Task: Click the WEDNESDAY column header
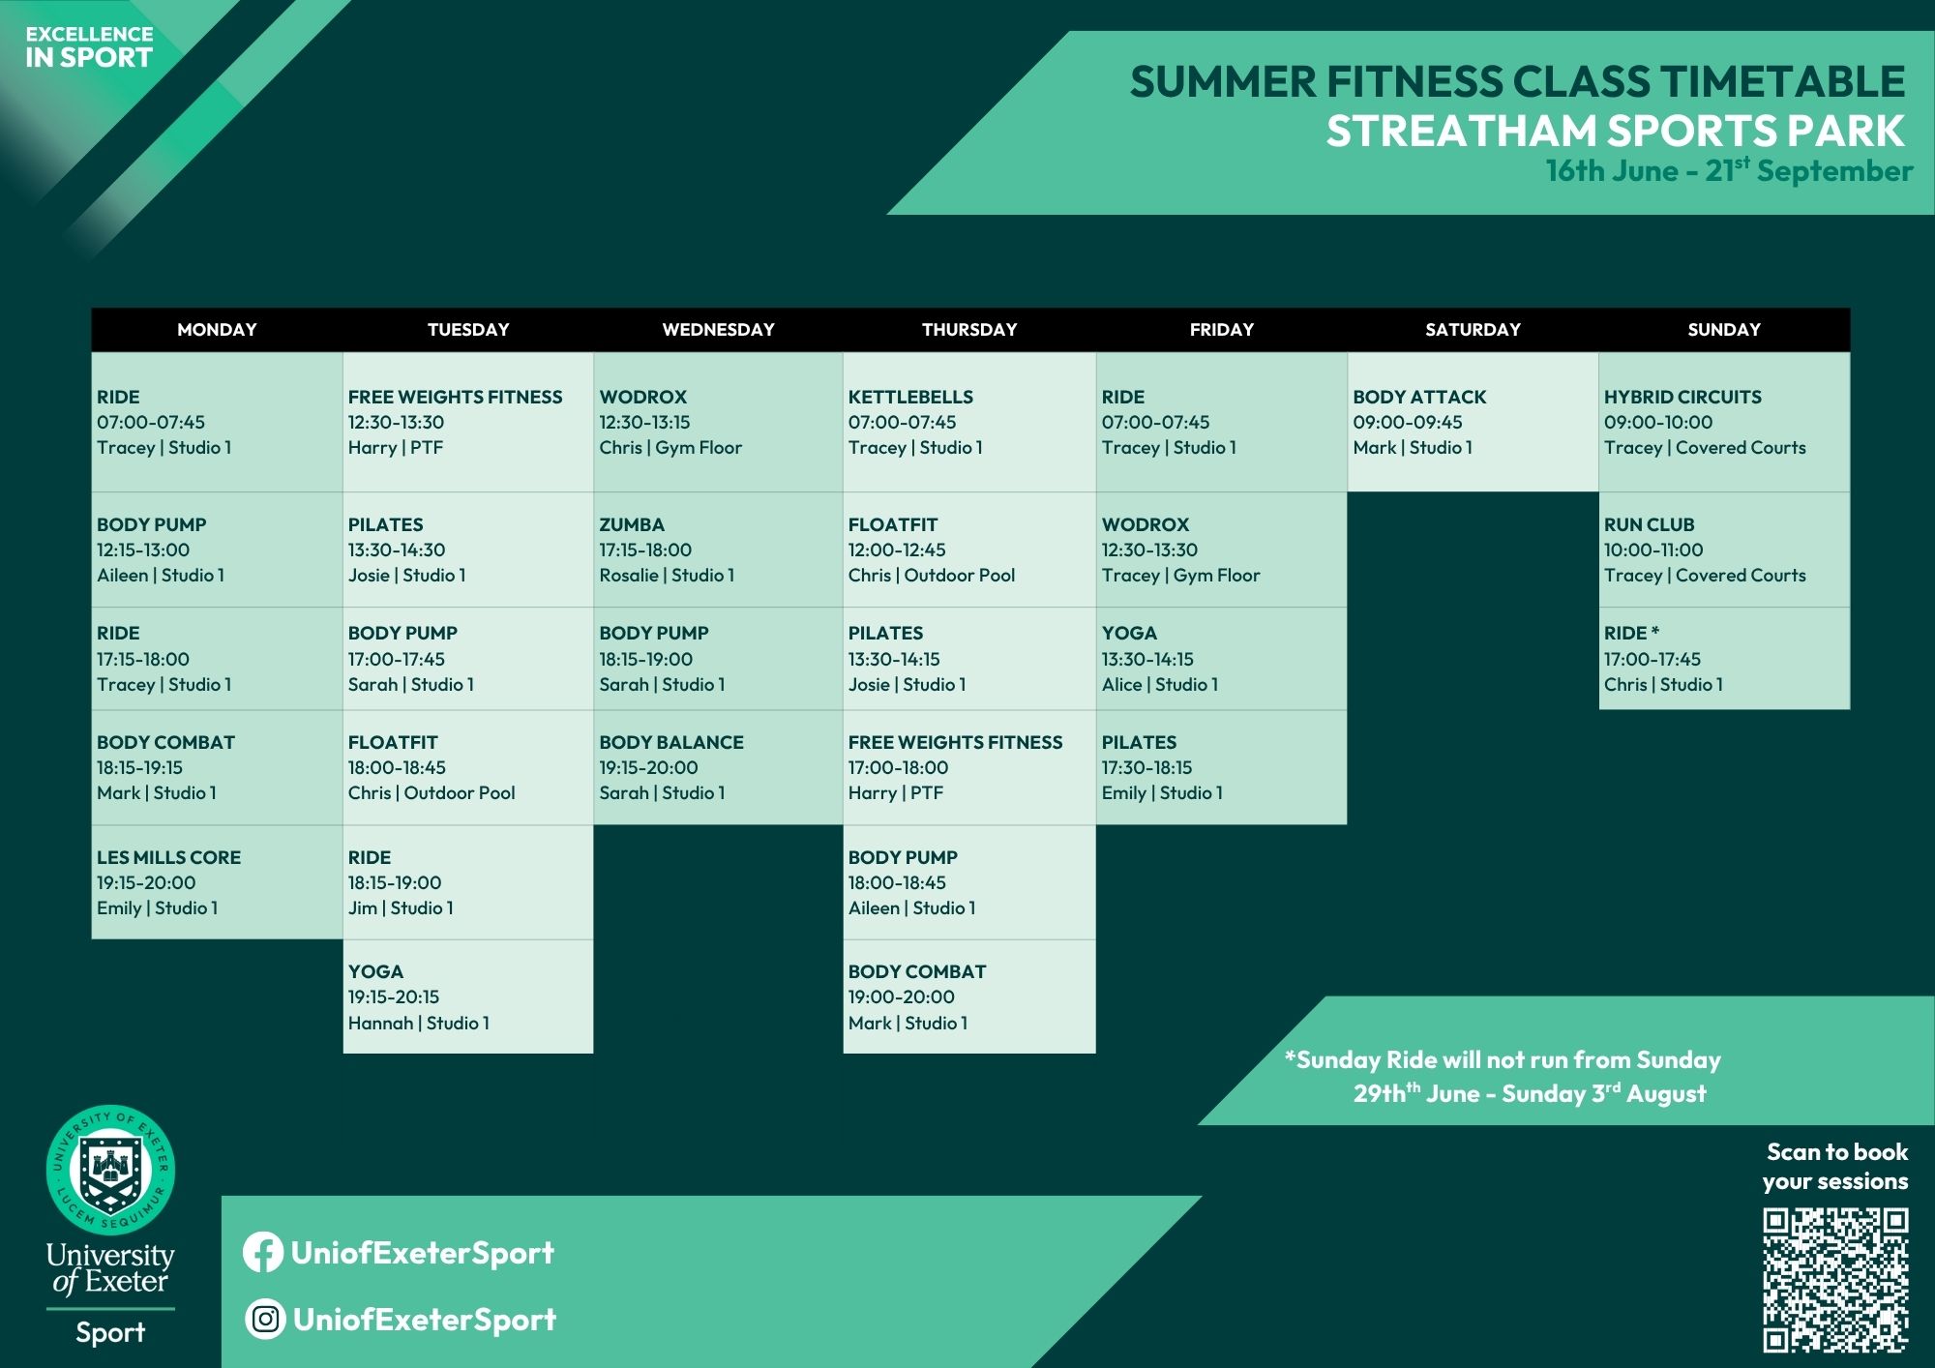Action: (x=718, y=329)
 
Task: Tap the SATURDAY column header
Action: (x=1473, y=329)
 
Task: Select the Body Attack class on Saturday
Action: (x=1473, y=422)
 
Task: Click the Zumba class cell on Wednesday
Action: (x=718, y=550)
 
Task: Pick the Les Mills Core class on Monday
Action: (x=217, y=882)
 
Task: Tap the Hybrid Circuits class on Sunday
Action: (x=1724, y=422)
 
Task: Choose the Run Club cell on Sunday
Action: (x=1724, y=550)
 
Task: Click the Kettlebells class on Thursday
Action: (x=969, y=422)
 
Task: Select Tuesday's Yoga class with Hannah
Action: (x=468, y=996)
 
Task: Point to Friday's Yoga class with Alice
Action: (x=1221, y=659)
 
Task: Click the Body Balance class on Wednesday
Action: (x=718, y=767)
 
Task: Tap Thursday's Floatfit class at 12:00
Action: (x=969, y=550)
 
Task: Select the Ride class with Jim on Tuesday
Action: (x=468, y=882)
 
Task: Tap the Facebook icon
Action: (x=262, y=1253)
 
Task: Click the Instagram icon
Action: (x=264, y=1319)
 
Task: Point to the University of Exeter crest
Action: (x=110, y=1170)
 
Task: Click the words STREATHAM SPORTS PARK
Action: (x=1615, y=131)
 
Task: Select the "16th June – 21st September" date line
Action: (x=1729, y=170)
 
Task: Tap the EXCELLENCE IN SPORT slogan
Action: (x=89, y=47)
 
